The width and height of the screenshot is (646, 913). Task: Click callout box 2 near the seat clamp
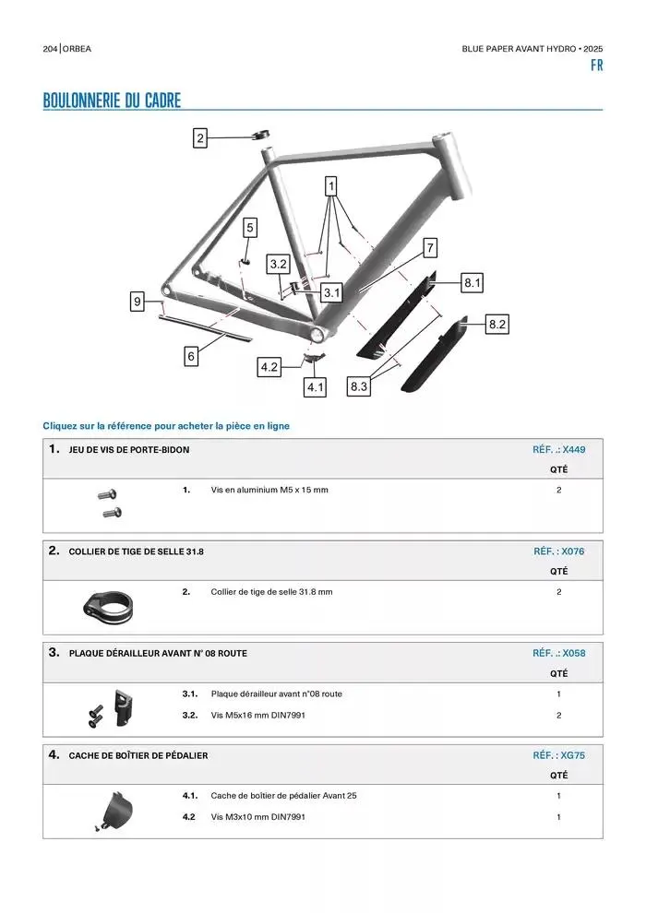pyautogui.click(x=200, y=139)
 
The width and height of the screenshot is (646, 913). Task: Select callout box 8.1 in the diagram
pyautogui.click(x=473, y=283)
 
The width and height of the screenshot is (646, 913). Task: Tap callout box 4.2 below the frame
pyautogui.click(x=269, y=367)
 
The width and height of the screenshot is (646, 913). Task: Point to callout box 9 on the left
pyautogui.click(x=138, y=301)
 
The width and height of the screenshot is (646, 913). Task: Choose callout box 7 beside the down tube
pyautogui.click(x=430, y=247)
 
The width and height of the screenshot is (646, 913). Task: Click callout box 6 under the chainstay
pyautogui.click(x=191, y=356)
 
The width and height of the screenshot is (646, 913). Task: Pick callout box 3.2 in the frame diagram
pyautogui.click(x=279, y=265)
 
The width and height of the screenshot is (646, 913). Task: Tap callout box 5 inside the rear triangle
pyautogui.click(x=250, y=227)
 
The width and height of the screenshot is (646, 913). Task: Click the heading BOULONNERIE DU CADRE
pyautogui.click(x=112, y=101)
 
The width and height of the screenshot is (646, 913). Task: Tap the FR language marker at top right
pyautogui.click(x=596, y=66)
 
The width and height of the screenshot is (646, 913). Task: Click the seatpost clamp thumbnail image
pyautogui.click(x=111, y=605)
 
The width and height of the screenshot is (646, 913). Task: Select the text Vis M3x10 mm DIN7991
pyautogui.click(x=257, y=817)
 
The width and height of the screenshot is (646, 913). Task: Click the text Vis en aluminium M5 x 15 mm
pyautogui.click(x=269, y=490)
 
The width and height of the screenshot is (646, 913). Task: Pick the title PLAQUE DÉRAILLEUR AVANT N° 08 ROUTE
pyautogui.click(x=158, y=653)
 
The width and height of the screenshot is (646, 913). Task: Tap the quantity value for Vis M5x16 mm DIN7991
pyautogui.click(x=559, y=715)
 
